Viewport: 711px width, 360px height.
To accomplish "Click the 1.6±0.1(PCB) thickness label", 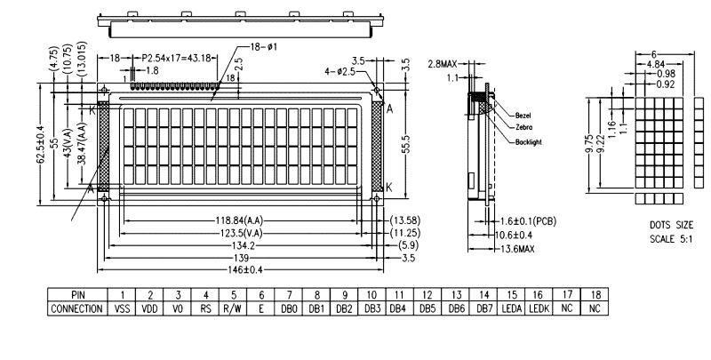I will click(x=532, y=220).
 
